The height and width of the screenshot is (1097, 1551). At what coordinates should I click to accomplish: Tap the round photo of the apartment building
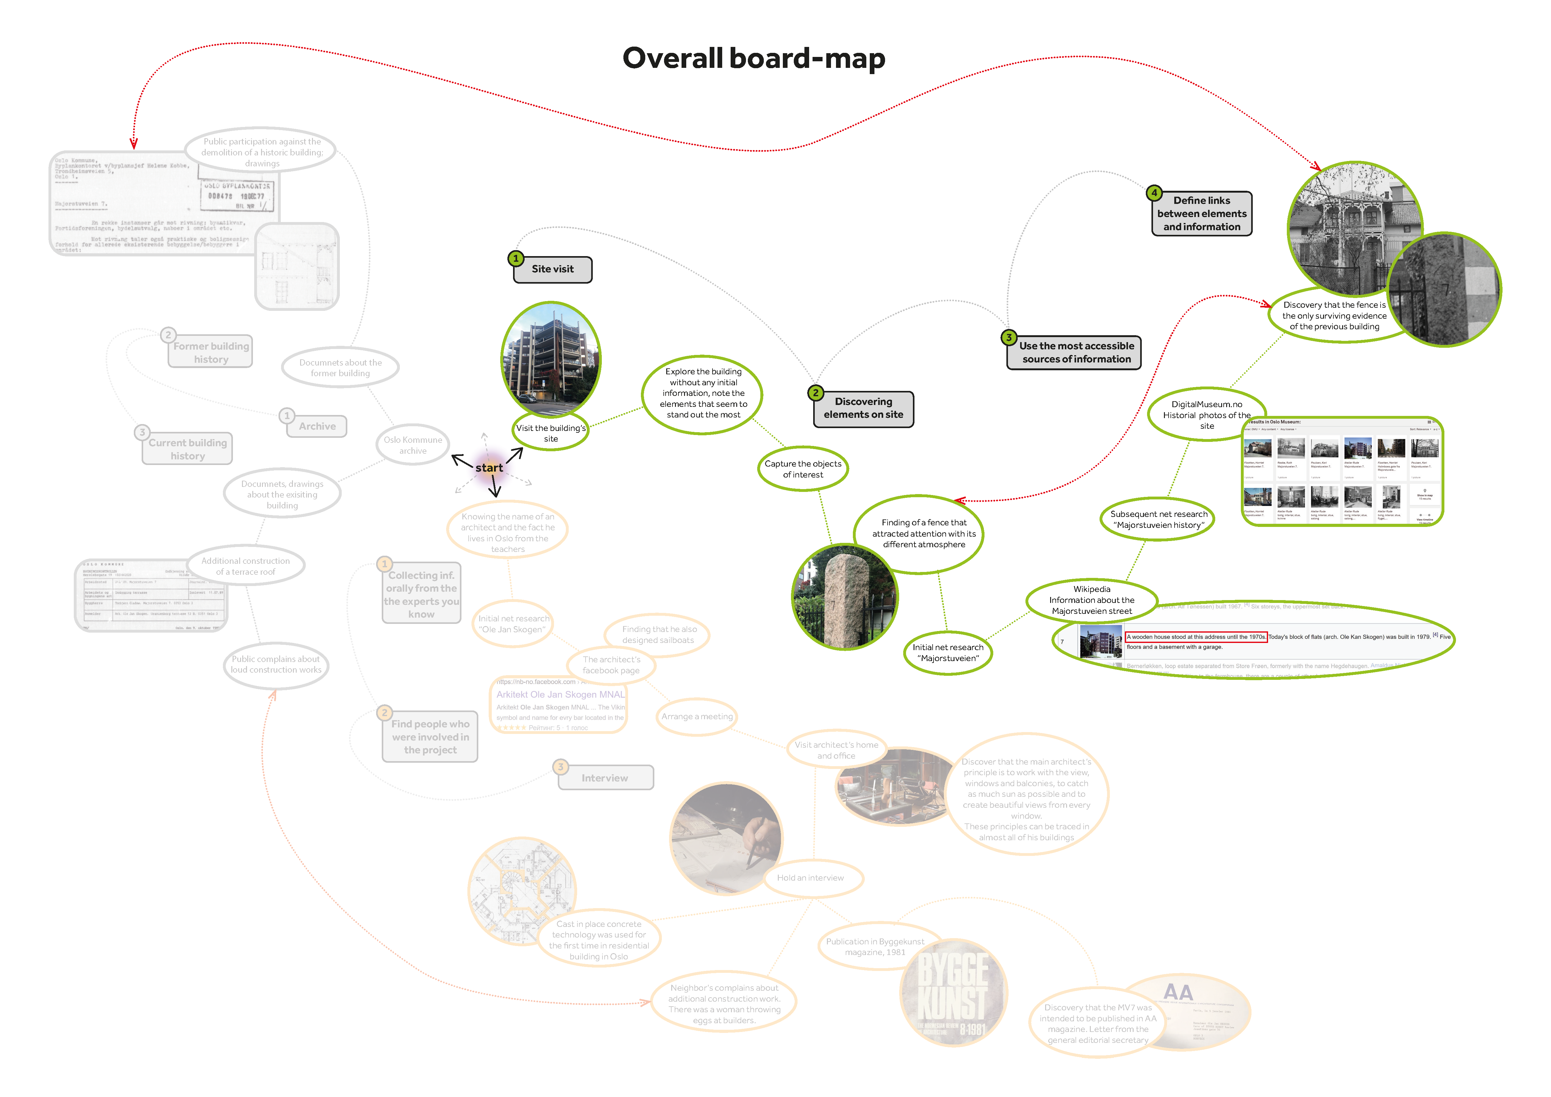coord(551,358)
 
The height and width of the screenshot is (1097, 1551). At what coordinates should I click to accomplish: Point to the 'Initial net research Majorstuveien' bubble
coord(948,653)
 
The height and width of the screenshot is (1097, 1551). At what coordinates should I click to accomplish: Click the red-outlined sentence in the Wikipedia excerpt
coord(1196,637)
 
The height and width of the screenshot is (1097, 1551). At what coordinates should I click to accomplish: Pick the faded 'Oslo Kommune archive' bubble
coord(413,445)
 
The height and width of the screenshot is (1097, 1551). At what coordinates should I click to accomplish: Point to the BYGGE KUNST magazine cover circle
coord(953,993)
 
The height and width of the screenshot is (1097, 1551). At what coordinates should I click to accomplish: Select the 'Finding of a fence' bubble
coord(924,533)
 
